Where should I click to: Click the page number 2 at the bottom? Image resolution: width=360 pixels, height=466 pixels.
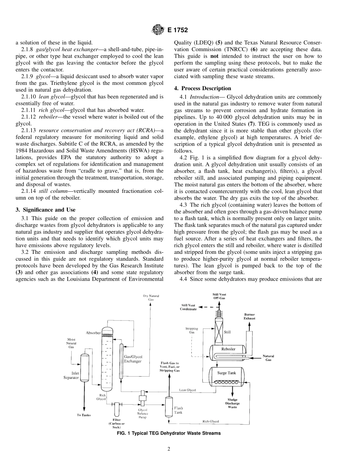(x=169, y=449)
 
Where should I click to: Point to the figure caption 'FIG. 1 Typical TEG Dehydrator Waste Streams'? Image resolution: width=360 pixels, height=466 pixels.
(x=169, y=433)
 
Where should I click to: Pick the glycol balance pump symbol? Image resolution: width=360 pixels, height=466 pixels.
(x=143, y=398)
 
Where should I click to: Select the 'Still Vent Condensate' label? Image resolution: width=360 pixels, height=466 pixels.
(x=189, y=307)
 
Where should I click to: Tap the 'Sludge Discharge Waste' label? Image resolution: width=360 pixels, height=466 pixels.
(x=232, y=403)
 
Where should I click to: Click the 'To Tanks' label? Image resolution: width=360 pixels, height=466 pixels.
(x=84, y=415)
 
